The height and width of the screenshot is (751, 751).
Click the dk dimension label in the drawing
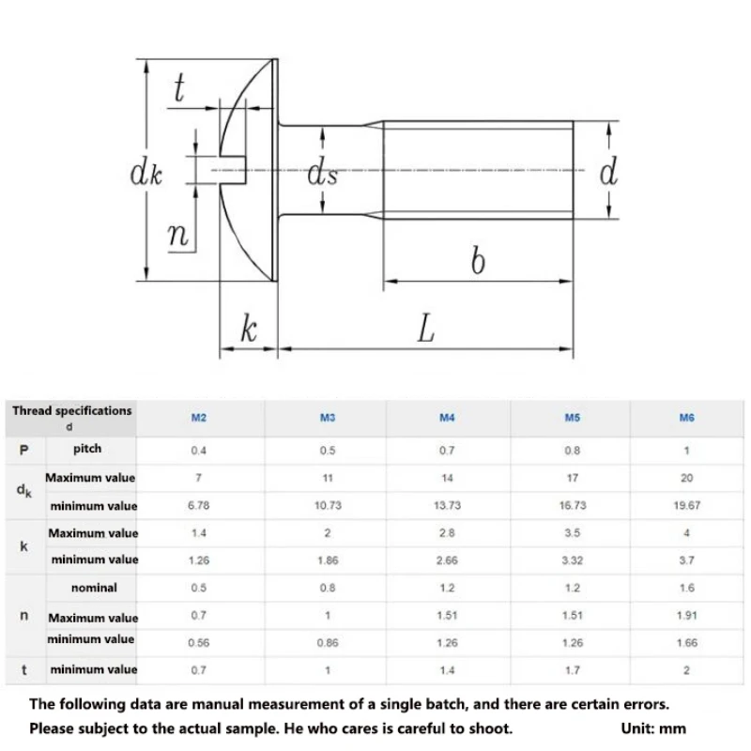point(146,174)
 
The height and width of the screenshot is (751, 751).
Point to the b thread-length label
point(478,260)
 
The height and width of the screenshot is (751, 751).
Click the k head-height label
point(248,330)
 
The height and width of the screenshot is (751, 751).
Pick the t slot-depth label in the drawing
point(178,90)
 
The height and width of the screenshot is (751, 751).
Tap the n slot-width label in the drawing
point(178,235)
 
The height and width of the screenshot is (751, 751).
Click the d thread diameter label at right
point(609,172)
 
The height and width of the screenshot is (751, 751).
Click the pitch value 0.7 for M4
point(447,451)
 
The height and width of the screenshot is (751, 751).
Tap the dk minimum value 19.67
point(686,505)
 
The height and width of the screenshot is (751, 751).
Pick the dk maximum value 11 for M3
point(328,478)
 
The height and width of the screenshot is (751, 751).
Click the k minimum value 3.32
point(571,559)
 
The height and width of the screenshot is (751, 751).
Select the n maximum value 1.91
point(686,616)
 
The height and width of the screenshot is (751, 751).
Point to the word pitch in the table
point(87,450)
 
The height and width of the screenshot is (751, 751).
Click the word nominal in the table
point(94,588)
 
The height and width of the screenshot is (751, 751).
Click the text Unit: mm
point(653,728)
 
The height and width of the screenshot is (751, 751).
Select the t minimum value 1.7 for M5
point(571,670)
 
